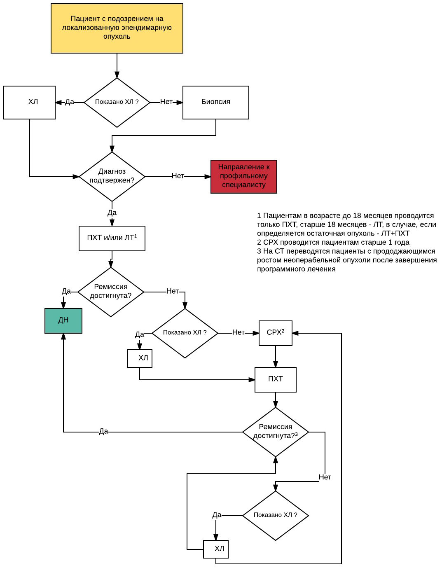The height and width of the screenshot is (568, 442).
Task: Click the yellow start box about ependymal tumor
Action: tap(117, 28)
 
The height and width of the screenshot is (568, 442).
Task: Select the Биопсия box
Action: tap(215, 103)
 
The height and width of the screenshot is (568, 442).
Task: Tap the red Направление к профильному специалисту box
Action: tap(243, 177)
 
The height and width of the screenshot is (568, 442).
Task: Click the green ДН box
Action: tap(63, 321)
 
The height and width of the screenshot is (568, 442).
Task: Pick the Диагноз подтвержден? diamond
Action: tap(112, 177)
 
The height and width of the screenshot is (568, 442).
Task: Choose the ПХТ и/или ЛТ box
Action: tap(112, 238)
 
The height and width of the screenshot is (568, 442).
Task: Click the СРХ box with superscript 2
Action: tap(276, 333)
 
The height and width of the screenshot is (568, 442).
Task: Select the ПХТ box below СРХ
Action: tap(276, 379)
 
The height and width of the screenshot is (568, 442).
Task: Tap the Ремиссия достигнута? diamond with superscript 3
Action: tap(276, 432)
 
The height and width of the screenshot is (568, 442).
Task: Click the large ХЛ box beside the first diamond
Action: tap(29, 103)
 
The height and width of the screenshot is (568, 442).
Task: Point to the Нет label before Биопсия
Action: tap(166, 102)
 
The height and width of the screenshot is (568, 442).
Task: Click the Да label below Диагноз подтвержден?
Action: tap(112, 213)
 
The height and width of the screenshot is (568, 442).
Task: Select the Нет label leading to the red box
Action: tap(178, 176)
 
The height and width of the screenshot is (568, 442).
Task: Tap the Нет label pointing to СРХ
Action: tap(239, 332)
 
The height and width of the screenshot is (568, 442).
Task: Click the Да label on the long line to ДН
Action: tap(103, 431)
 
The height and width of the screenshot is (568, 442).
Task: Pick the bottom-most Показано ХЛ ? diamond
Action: tap(276, 515)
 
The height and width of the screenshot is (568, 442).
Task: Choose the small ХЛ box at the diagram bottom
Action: tap(215, 549)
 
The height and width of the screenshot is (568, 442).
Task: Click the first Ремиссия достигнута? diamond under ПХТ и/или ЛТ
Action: tap(110, 292)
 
